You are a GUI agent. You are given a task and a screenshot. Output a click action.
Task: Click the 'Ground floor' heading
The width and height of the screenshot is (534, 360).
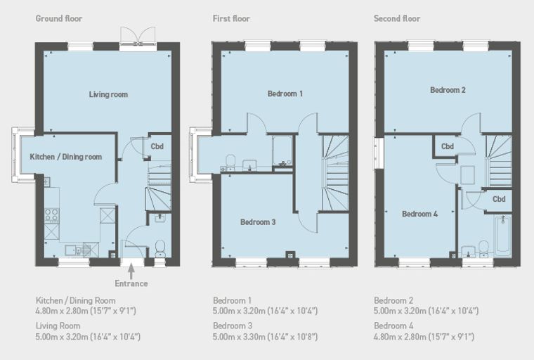pos(59,18)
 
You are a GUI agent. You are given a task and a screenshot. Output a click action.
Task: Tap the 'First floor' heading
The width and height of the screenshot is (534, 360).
pos(231,18)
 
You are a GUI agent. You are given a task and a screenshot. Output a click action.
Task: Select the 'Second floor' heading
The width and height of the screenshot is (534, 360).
pos(397,18)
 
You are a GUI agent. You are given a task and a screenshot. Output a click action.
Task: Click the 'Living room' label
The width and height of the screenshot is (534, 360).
pos(108,94)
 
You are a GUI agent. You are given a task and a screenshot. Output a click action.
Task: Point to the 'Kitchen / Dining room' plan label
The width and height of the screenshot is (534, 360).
pos(66,157)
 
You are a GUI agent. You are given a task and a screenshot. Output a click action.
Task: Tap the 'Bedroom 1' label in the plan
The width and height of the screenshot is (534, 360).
pos(285,94)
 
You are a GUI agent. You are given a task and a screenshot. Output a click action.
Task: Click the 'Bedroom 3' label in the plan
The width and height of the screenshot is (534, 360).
pos(258,222)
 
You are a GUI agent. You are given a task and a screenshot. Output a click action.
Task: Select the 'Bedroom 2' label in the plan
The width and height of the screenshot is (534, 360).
pos(448,90)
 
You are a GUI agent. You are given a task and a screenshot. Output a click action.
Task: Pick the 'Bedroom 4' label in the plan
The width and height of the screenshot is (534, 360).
pos(419,214)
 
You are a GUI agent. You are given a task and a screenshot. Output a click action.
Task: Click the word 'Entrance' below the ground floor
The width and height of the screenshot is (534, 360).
pos(131,283)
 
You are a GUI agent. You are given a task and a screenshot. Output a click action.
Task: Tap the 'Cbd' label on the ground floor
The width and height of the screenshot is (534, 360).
pos(157,146)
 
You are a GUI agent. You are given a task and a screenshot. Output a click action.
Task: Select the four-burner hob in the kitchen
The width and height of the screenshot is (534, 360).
pos(52,215)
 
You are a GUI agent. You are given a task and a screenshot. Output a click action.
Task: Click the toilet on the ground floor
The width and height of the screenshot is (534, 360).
pos(160,249)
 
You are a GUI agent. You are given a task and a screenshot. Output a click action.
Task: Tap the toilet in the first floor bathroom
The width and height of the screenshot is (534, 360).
pos(230,162)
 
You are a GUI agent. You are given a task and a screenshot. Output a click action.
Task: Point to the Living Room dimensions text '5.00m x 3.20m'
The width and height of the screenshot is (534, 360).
pos(62,337)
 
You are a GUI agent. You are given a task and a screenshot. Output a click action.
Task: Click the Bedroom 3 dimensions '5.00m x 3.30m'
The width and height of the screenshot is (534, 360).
pos(239,337)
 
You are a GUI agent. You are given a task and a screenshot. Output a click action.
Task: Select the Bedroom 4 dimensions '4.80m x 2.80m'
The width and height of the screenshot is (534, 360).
pos(400,337)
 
